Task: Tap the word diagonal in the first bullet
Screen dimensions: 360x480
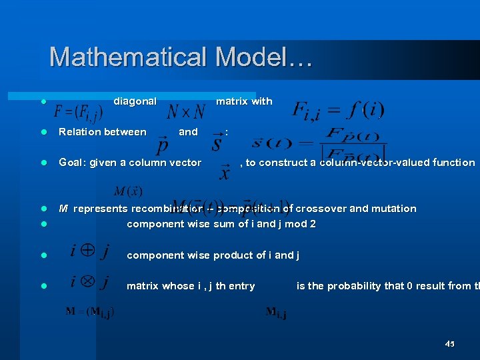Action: coord(135,101)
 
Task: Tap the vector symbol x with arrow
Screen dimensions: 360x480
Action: coord(225,173)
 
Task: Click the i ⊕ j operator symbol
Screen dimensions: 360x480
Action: coord(89,253)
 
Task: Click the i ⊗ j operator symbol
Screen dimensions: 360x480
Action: coord(89,282)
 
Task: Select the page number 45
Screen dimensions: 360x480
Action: coord(449,344)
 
